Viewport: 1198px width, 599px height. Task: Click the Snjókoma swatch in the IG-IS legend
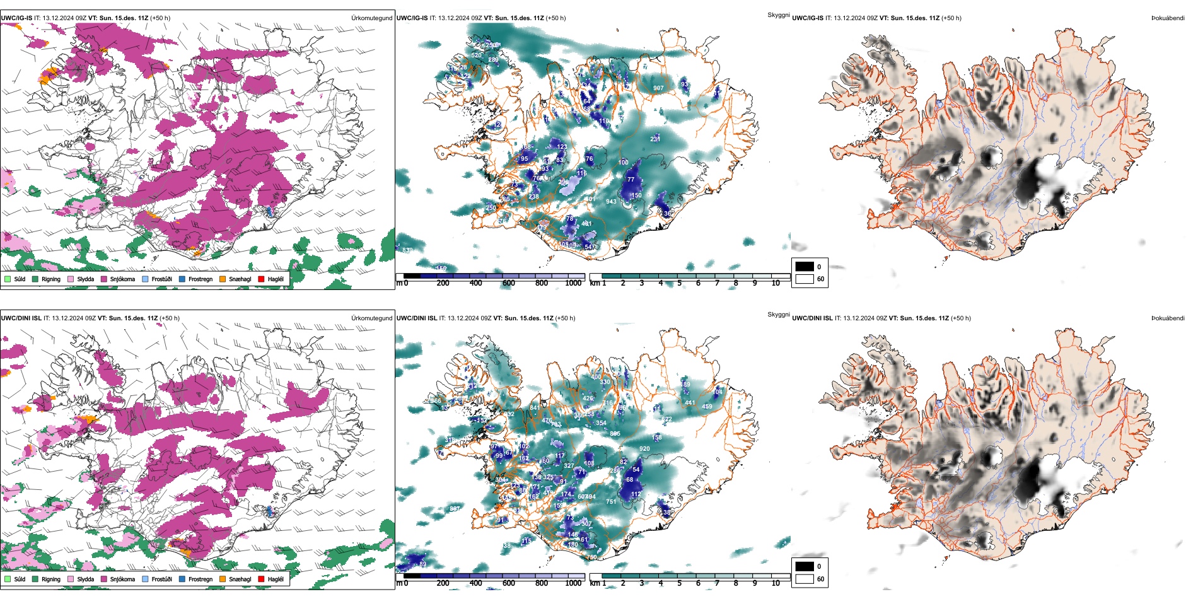coord(104,279)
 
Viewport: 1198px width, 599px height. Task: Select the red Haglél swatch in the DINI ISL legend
coord(262,579)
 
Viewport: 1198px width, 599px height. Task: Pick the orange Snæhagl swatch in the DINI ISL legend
coord(223,579)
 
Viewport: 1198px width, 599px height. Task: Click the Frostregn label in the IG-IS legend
coord(200,279)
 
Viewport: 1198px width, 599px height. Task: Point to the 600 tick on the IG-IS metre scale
coord(509,283)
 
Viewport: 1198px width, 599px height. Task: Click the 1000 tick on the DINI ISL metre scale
coord(573,583)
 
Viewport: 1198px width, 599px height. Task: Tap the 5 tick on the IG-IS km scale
coord(679,283)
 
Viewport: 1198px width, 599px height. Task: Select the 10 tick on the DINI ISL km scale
coord(776,583)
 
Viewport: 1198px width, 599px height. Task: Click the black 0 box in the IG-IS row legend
coord(805,266)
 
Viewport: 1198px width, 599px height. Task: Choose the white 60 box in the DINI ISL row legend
coord(805,579)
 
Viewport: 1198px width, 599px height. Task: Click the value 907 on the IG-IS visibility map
coord(658,88)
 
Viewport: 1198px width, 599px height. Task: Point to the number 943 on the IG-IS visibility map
coord(611,202)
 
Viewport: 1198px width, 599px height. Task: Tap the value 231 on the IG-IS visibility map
coord(655,139)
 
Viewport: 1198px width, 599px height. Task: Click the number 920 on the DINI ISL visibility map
coord(644,449)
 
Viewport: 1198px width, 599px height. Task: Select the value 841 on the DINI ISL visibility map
coord(535,408)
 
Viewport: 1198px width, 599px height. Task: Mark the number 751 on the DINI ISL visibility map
coord(611,502)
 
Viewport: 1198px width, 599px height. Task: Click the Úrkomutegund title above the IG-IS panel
coord(371,18)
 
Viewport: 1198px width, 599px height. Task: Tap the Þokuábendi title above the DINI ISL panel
coord(1168,318)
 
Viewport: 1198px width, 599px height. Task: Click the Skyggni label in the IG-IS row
coord(778,15)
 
